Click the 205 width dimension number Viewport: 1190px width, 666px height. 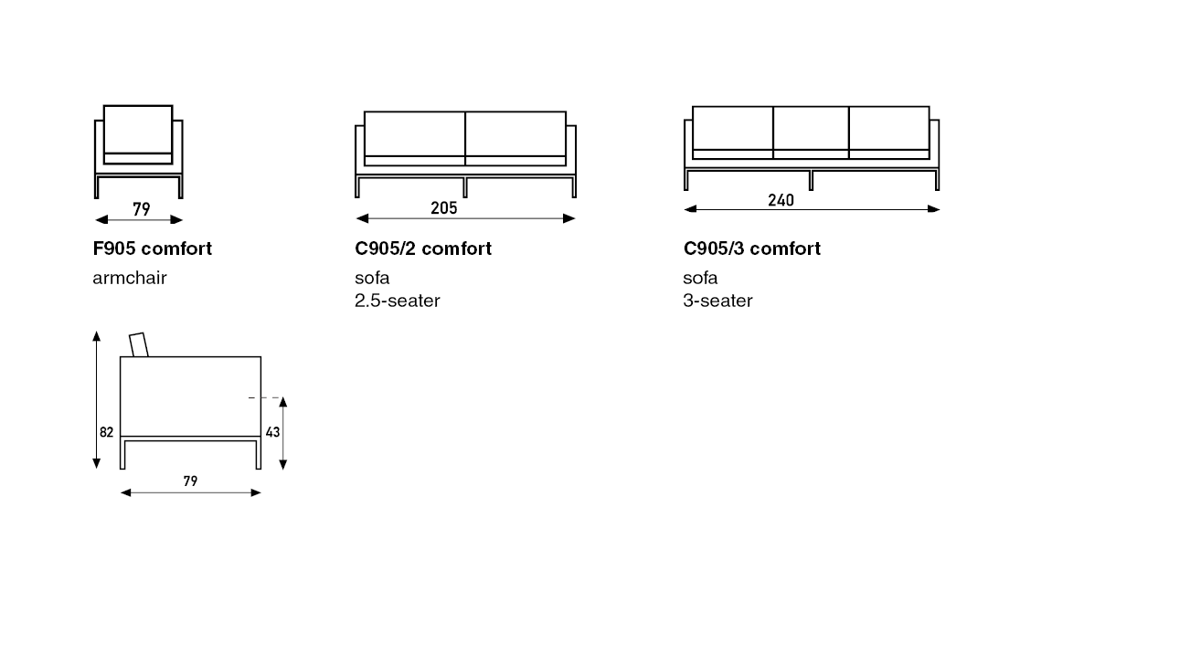(x=443, y=207)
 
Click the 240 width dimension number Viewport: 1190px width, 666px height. (x=781, y=200)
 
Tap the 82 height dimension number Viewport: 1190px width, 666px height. (x=106, y=432)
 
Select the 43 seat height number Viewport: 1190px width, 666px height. (x=272, y=432)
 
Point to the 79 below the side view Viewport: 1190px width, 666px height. (x=190, y=481)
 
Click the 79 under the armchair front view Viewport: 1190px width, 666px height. (x=142, y=209)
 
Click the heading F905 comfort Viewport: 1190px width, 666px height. (x=152, y=248)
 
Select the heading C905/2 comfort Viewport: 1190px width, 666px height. (x=423, y=248)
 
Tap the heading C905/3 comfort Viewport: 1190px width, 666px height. (x=751, y=248)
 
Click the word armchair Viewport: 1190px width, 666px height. (x=130, y=278)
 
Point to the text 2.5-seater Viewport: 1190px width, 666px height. (x=398, y=301)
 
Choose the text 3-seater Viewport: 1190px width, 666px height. (x=717, y=301)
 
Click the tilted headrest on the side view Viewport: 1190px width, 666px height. (x=139, y=345)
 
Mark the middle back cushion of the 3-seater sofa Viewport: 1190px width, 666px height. (x=811, y=128)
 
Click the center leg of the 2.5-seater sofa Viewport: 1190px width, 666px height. (x=465, y=187)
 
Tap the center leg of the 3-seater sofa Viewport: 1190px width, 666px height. (x=811, y=181)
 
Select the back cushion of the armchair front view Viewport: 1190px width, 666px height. (x=138, y=130)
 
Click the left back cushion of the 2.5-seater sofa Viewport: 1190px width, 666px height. (x=414, y=133)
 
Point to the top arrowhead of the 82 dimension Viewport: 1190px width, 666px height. (x=96, y=336)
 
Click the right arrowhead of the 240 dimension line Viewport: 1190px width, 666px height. (x=933, y=209)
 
